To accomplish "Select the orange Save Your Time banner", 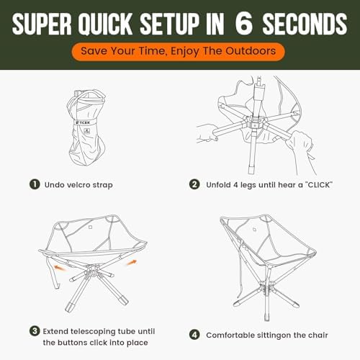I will pyautogui.click(x=179, y=51).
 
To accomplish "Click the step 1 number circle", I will pyautogui.click(x=35, y=184).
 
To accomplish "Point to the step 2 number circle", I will pyautogui.click(x=194, y=184).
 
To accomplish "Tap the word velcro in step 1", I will pyautogui.click(x=77, y=185).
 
